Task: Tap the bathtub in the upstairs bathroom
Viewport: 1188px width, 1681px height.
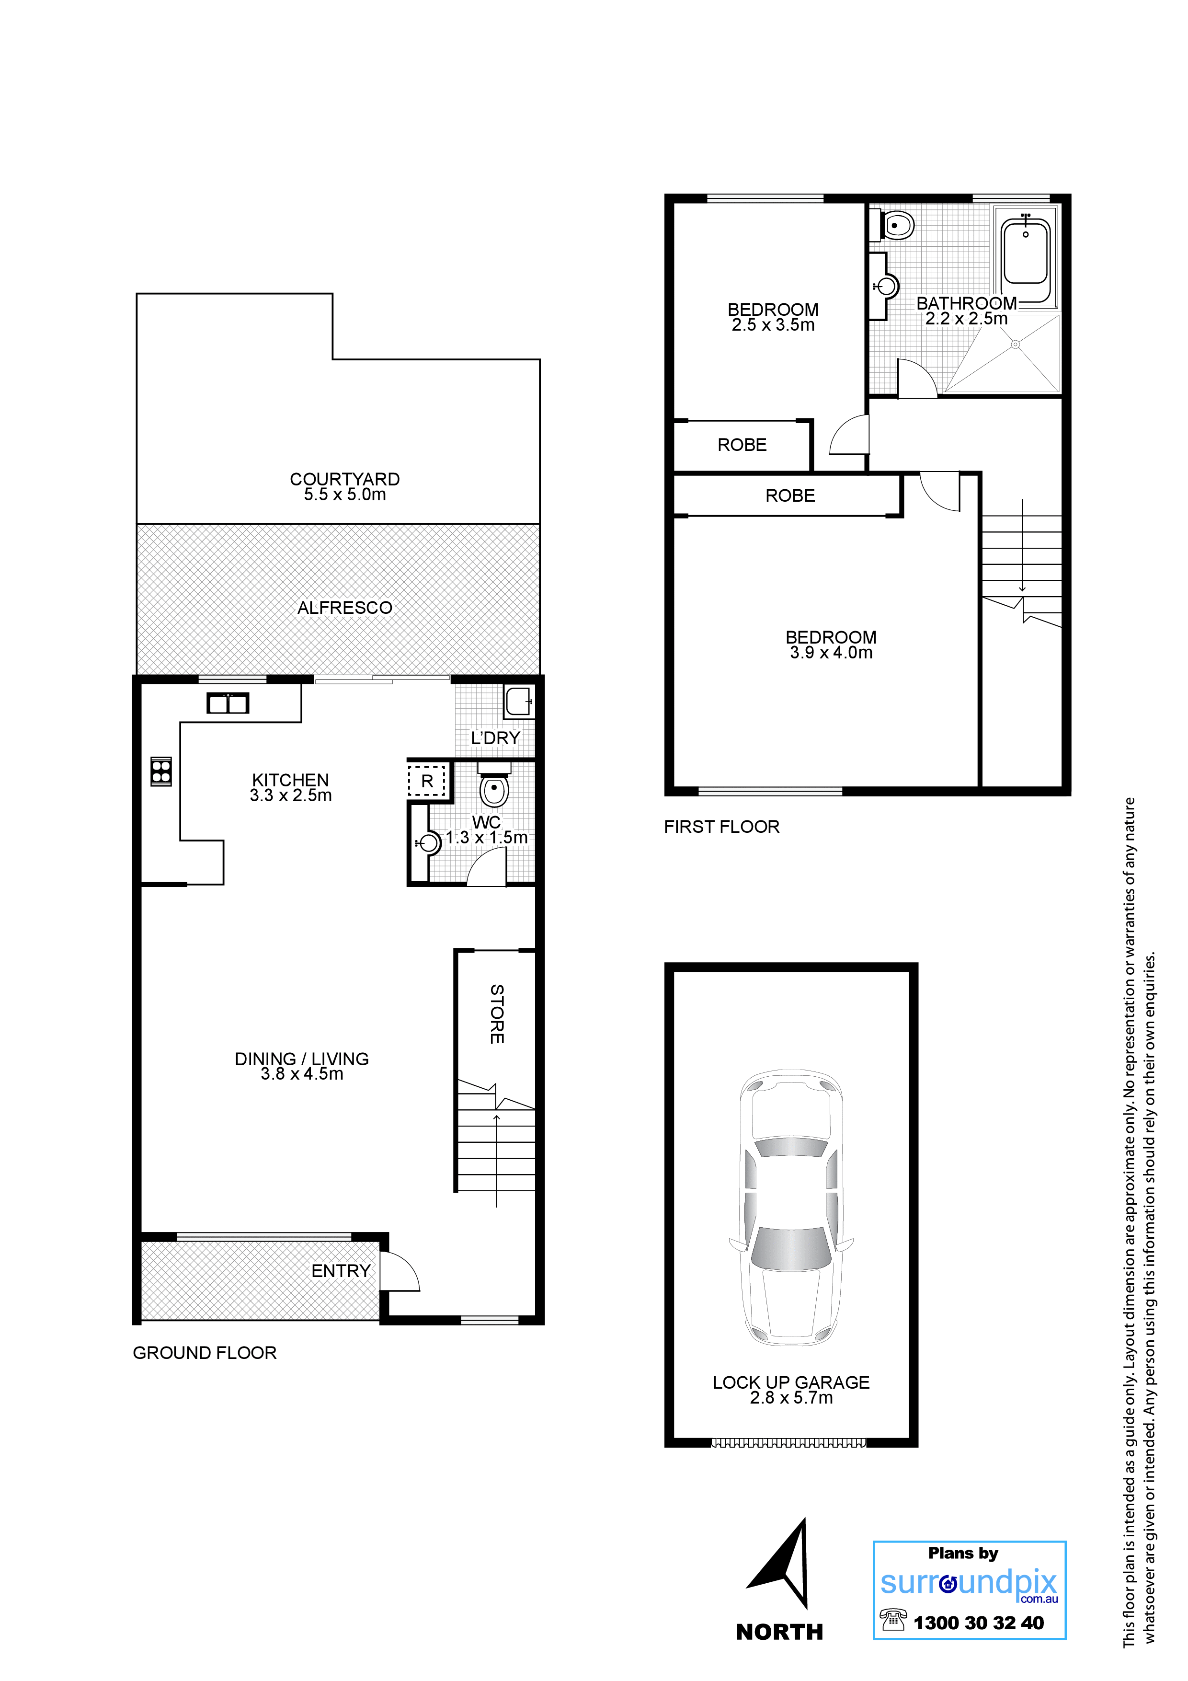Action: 1026,253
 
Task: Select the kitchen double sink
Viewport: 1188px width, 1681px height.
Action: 228,703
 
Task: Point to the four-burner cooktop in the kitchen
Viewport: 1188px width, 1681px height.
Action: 161,771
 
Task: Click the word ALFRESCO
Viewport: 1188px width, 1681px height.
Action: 345,608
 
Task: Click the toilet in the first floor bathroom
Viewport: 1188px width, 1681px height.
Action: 893,226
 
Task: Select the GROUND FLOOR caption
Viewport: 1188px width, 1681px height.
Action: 205,1353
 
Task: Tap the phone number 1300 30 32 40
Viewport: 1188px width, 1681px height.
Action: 979,1623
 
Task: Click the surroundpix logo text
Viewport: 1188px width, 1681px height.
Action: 969,1583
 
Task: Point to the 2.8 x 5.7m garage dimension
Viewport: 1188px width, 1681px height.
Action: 791,1398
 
